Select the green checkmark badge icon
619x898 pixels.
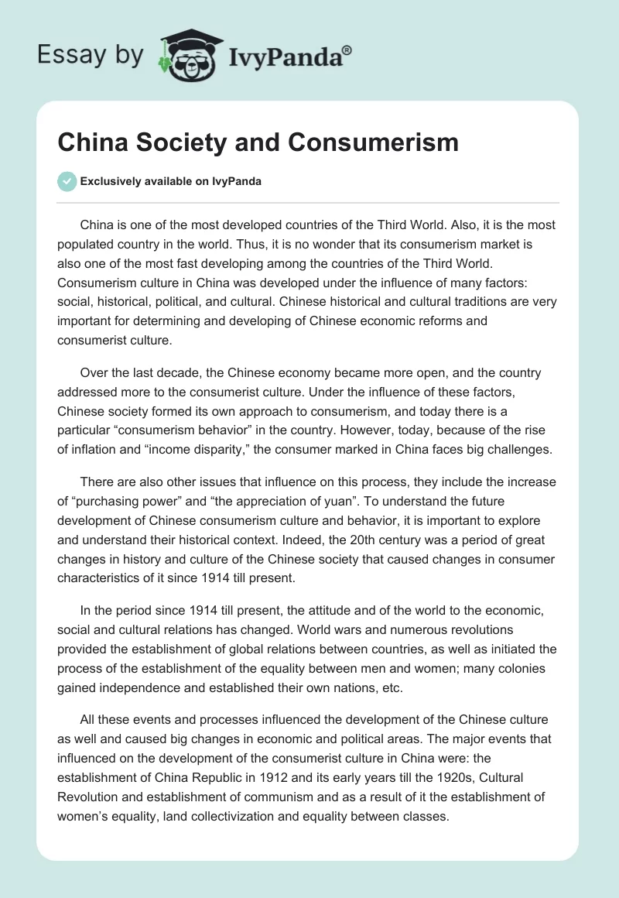(67, 181)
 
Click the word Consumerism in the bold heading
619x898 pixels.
(372, 142)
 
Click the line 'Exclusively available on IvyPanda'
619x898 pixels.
(171, 181)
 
